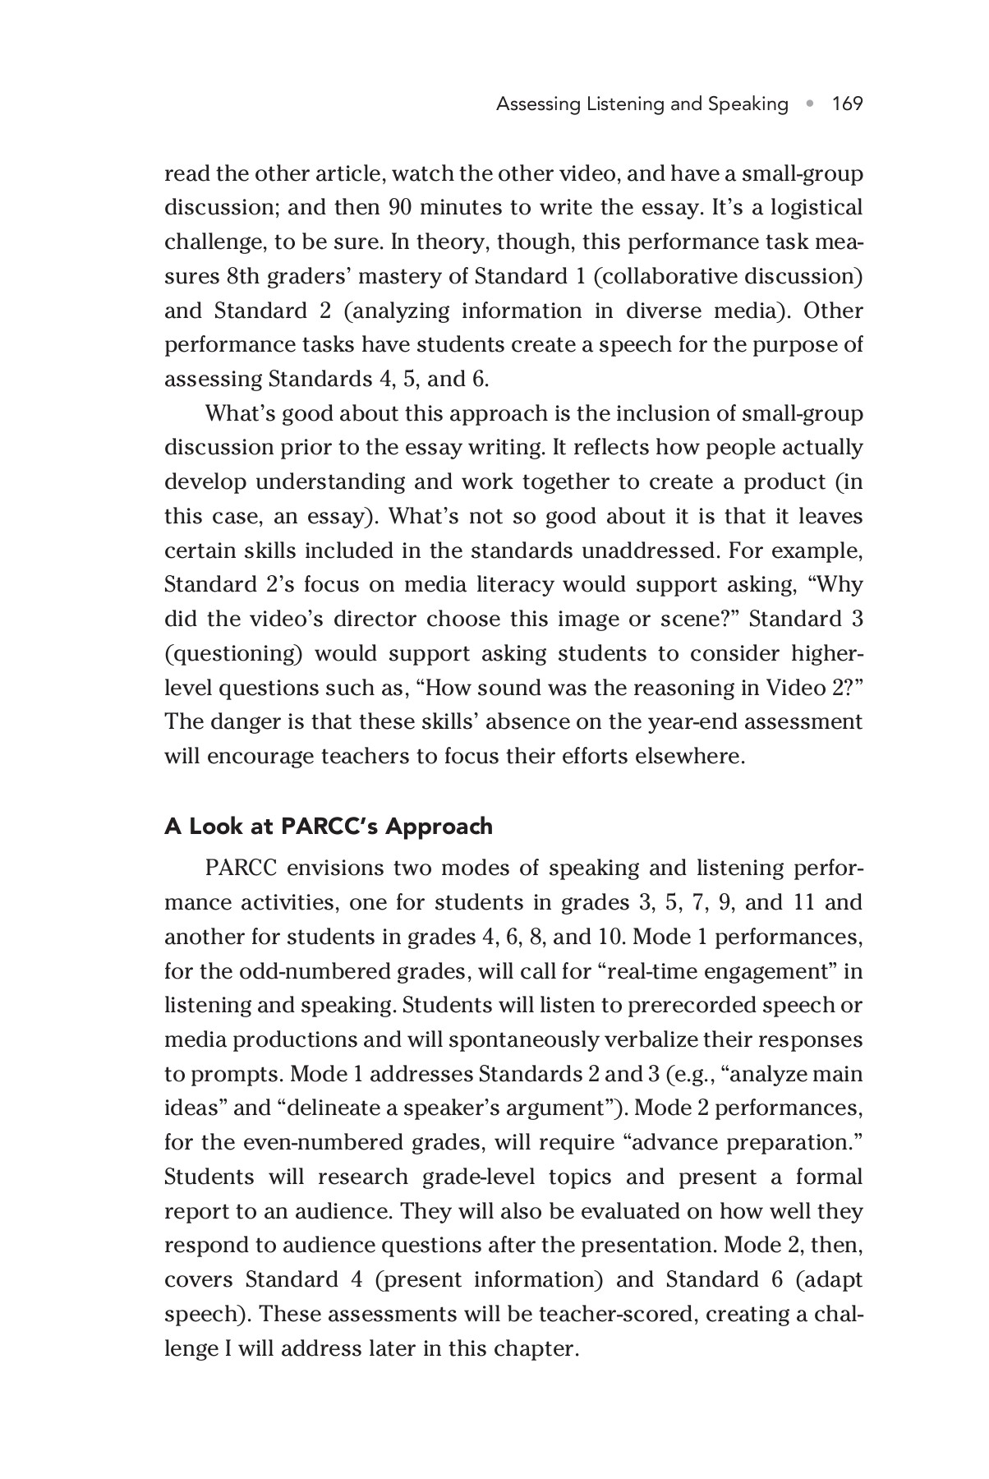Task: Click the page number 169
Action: click(847, 104)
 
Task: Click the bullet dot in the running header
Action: click(810, 104)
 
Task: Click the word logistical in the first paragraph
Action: click(816, 207)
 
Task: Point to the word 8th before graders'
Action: click(243, 276)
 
